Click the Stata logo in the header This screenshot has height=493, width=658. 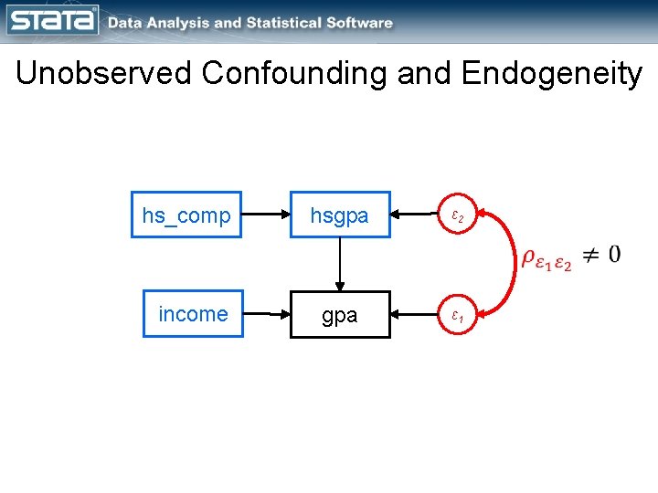coord(53,20)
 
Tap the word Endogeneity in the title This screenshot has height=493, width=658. coord(552,73)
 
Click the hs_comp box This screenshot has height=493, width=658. coord(186,215)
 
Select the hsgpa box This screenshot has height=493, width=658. coord(340,215)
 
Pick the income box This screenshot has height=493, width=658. coord(193,314)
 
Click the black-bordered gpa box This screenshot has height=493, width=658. coord(340,315)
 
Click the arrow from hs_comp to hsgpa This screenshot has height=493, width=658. coord(266,215)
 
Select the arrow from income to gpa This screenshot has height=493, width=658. coord(267,315)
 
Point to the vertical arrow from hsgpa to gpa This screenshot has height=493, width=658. coord(340,264)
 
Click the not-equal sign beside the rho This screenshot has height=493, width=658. coord(591,256)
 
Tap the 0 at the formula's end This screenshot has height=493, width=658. coord(614,254)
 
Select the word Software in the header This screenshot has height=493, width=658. coord(361,23)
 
